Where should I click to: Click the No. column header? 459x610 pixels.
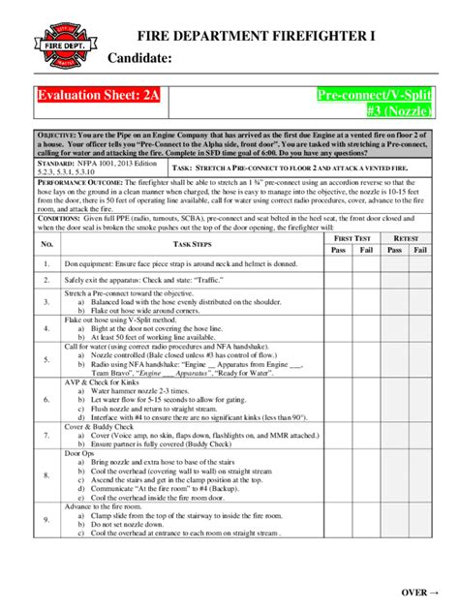coord(45,245)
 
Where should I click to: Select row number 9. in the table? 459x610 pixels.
coord(46,520)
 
